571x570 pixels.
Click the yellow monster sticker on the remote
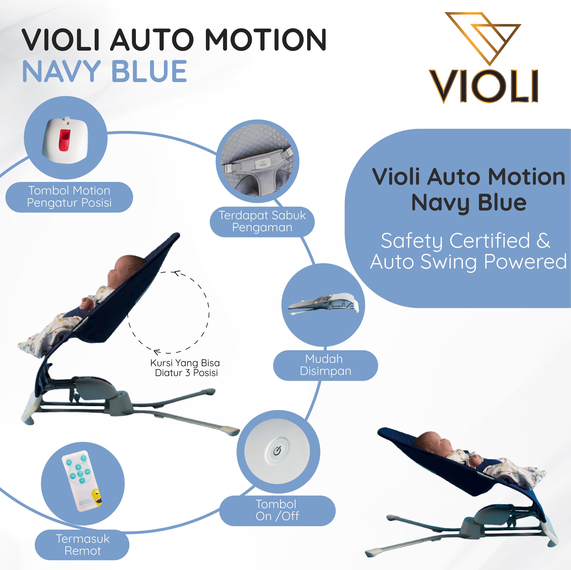click(97, 497)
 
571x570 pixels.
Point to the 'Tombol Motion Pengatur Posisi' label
click(69, 197)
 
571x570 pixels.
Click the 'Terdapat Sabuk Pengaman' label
click(262, 221)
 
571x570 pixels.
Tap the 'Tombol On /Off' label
click(277, 510)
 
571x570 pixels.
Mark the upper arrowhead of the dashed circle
click(177, 273)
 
